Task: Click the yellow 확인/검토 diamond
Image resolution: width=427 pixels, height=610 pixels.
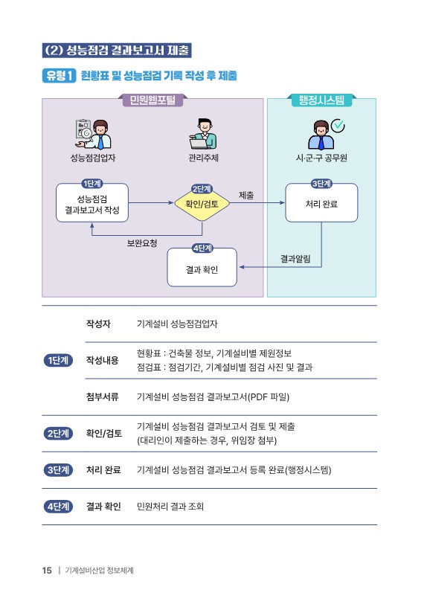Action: pos(202,204)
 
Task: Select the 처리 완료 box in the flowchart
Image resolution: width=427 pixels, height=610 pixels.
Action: pos(321,202)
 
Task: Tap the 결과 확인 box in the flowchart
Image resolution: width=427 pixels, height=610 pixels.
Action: pos(202,267)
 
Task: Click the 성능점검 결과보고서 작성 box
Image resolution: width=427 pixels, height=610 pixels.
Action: pos(92,202)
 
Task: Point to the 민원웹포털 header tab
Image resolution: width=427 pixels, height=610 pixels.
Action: pos(152,100)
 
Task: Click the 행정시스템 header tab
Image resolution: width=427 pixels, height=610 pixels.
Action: pos(321,100)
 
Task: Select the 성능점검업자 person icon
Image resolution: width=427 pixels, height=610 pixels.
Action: pos(93,134)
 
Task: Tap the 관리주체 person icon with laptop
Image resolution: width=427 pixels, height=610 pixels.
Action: pos(203,134)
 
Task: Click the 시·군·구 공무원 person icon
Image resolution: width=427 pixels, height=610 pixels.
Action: pos(321,135)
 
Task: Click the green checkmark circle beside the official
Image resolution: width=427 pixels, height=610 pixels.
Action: pos(338,125)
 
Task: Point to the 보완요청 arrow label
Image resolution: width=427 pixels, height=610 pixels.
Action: pos(142,243)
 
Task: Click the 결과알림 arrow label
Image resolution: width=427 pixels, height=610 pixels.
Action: pos(295,259)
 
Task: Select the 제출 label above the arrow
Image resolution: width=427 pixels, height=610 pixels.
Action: pos(246,196)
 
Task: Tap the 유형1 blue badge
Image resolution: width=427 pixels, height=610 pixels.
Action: pos(59,75)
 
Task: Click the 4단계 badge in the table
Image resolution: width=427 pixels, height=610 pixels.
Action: pos(58,507)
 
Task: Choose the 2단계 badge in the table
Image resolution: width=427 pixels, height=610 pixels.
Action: pos(58,434)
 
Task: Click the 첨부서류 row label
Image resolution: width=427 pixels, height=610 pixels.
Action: pos(102,396)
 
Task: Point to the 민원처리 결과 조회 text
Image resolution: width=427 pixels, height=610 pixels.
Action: pos(170,507)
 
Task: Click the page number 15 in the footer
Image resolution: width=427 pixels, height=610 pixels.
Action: pos(47,571)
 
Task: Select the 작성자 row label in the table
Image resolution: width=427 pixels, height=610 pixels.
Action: pos(98,324)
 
